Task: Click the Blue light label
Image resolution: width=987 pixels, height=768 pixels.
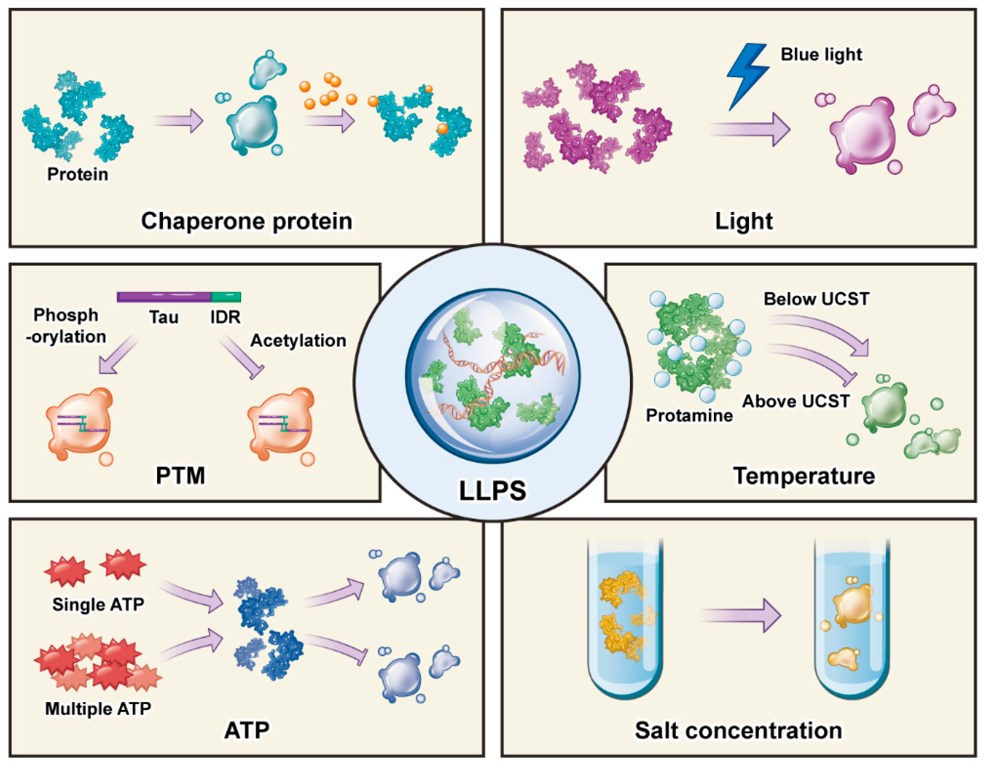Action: point(821,55)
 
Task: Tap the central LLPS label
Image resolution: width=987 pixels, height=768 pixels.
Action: point(492,491)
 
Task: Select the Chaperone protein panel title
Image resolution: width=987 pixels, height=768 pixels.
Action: point(247,221)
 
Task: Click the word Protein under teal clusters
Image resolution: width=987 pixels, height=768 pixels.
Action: point(78,174)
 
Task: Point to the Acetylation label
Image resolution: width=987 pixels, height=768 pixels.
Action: point(298,340)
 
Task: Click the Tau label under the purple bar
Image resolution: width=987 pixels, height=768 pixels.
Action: point(164,317)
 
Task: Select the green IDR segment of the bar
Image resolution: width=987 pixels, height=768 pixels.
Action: point(225,297)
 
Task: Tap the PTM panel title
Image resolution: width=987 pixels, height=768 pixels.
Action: point(180,475)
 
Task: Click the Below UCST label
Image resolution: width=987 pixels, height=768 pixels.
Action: point(816,299)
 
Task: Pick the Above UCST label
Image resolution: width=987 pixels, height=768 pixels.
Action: point(796,401)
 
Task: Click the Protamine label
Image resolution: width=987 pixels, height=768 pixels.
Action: point(689,415)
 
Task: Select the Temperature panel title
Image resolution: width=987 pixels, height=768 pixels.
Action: point(804,476)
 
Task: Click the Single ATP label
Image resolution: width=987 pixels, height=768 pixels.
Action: point(98,604)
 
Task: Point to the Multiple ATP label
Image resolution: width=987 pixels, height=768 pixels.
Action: point(98,708)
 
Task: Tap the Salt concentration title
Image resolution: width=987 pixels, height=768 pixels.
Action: point(738,730)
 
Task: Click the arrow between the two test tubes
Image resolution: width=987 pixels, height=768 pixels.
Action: point(740,615)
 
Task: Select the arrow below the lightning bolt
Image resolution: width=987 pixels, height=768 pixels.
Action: point(750,130)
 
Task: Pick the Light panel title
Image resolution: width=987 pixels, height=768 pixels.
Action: point(743,221)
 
